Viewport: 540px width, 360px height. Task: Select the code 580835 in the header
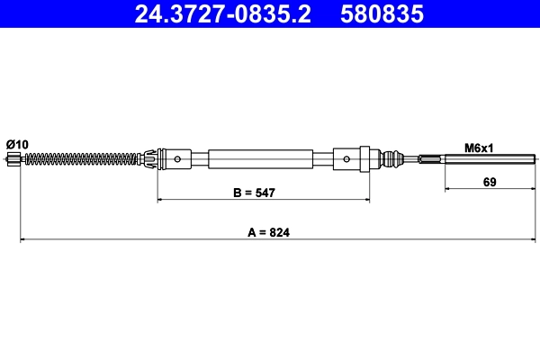382,14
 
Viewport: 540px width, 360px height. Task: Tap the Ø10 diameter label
17,144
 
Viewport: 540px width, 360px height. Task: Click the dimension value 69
490,182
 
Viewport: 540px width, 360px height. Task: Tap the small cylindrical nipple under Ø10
13,160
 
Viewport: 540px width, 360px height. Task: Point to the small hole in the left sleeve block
178,160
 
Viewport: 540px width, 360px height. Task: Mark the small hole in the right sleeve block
346,159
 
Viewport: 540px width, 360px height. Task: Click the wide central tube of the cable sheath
260,159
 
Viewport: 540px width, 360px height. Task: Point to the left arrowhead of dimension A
22,240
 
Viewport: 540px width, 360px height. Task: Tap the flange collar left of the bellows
370,159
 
